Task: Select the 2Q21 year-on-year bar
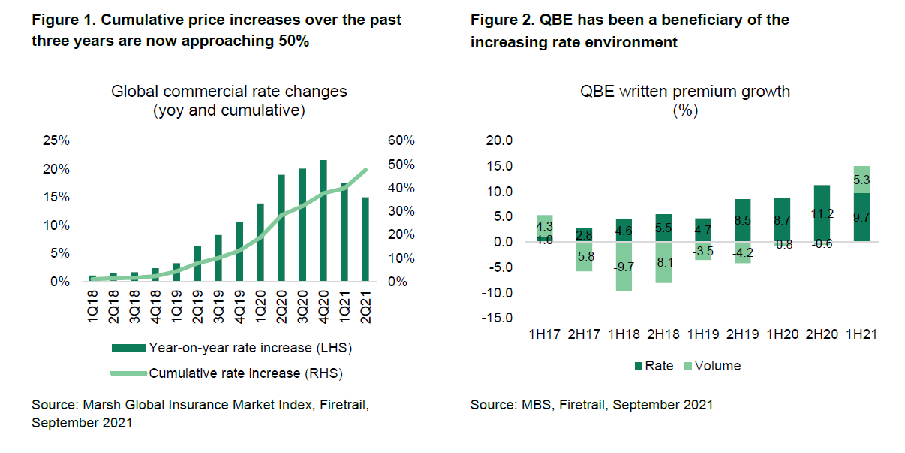pyautogui.click(x=365, y=240)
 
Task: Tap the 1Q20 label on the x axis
pyautogui.click(x=260, y=306)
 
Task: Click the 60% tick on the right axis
pyautogui.click(x=401, y=141)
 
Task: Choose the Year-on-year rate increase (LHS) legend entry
pyautogui.click(x=231, y=348)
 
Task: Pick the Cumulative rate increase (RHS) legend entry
pyautogui.click(x=231, y=373)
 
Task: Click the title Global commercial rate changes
pyautogui.click(x=229, y=92)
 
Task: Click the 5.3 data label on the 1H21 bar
pyautogui.click(x=861, y=180)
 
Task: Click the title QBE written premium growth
pyautogui.click(x=685, y=92)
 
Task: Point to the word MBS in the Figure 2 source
pyautogui.click(x=528, y=405)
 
